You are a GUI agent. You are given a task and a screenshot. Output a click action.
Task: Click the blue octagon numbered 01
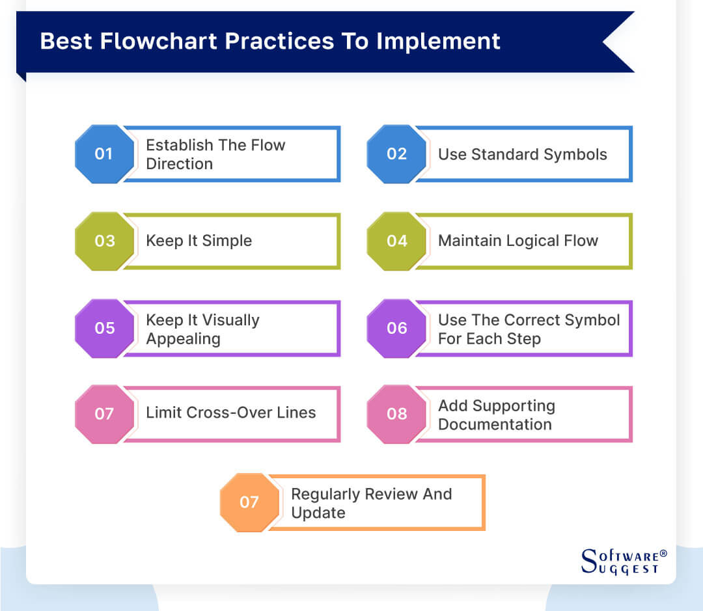[104, 154]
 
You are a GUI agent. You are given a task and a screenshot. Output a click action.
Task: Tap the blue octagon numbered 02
[396, 154]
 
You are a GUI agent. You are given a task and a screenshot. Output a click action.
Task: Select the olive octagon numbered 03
[104, 241]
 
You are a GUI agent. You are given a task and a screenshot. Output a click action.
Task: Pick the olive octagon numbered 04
[396, 241]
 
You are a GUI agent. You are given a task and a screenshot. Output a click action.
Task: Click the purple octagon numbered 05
[104, 328]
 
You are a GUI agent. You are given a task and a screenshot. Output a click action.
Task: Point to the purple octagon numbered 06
[396, 328]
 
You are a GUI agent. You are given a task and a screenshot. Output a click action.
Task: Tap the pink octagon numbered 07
[104, 414]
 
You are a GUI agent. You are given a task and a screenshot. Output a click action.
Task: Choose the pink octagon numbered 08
[396, 414]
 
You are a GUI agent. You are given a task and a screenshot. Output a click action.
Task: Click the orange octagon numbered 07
[249, 502]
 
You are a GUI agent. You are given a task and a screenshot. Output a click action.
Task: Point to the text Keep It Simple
[199, 241]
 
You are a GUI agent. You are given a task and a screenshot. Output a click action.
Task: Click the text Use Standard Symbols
[522, 154]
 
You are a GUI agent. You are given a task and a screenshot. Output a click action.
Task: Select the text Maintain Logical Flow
[517, 241]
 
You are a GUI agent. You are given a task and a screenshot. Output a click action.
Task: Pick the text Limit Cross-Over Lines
[230, 413]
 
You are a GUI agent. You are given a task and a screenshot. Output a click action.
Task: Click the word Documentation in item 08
[494, 424]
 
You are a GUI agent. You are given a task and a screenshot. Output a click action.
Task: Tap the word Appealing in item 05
[183, 339]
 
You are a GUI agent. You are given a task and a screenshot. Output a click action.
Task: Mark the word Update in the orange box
[318, 513]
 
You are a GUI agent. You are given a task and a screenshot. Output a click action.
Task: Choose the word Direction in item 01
[179, 164]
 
